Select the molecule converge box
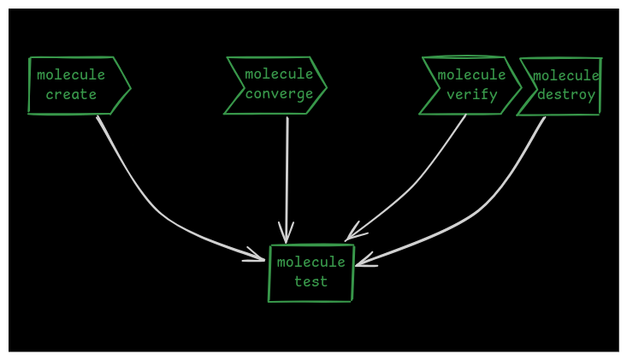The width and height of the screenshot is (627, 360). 275,86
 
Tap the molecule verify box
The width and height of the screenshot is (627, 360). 469,86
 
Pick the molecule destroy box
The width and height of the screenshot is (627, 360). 560,86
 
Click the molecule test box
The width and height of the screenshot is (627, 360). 311,273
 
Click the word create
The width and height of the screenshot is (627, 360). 71,95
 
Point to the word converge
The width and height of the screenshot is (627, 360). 279,94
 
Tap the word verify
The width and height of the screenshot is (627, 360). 471,95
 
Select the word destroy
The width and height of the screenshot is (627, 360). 565,95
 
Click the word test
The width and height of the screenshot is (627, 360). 311,282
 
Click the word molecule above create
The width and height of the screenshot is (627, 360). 71,75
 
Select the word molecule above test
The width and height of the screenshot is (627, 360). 311,263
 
